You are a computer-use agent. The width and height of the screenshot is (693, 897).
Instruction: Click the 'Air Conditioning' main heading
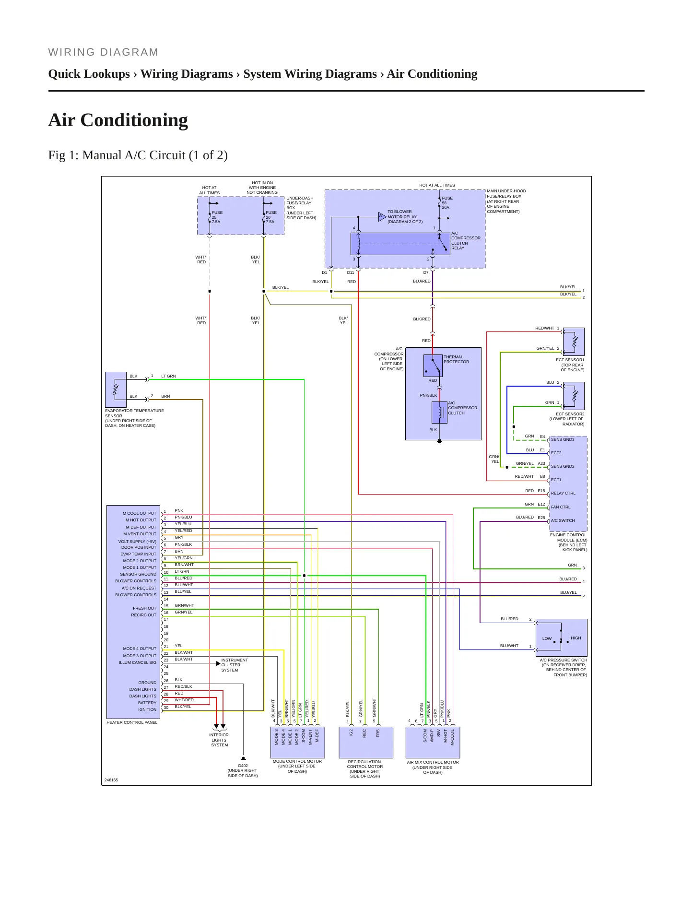pyautogui.click(x=118, y=120)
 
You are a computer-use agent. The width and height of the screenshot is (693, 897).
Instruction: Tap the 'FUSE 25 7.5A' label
pyautogui.click(x=217, y=217)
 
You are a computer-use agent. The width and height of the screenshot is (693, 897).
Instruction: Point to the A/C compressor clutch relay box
pyautogui.click(x=400, y=244)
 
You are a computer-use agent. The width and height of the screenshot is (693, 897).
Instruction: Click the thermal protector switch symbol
pyautogui.click(x=433, y=366)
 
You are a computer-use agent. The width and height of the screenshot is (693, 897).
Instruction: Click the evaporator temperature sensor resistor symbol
pyautogui.click(x=116, y=389)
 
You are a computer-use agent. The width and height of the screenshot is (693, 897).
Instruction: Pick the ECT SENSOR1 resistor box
pyautogui.click(x=574, y=342)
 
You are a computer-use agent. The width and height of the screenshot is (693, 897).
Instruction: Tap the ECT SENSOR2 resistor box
pyautogui.click(x=574, y=396)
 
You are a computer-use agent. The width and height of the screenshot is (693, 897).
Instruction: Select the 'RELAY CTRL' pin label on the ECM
pyautogui.click(x=563, y=494)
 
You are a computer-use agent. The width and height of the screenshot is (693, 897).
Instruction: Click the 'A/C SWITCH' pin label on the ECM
pyautogui.click(x=563, y=521)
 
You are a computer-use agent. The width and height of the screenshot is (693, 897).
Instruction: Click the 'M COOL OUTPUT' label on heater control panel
pyautogui.click(x=140, y=514)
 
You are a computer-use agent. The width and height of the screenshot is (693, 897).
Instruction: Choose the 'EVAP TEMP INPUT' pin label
pyautogui.click(x=139, y=555)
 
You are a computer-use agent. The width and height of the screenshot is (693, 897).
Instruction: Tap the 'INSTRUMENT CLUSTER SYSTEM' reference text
pyautogui.click(x=235, y=665)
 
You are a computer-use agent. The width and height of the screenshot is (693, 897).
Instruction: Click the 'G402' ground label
pyautogui.click(x=243, y=766)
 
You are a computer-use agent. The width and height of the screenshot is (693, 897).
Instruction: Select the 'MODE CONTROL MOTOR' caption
pyautogui.click(x=297, y=762)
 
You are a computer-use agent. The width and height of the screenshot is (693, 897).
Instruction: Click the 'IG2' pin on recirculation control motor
pyautogui.click(x=352, y=733)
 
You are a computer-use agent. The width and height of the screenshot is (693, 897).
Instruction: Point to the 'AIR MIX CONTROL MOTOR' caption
pyautogui.click(x=433, y=763)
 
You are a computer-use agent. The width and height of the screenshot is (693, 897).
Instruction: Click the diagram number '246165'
pyautogui.click(x=111, y=780)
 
